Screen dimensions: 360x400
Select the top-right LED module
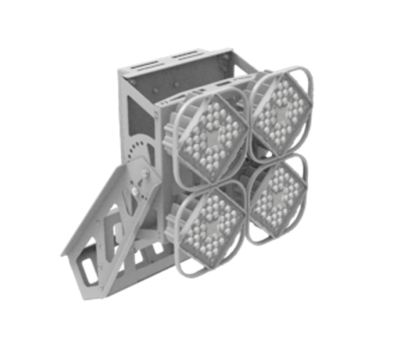(278, 112)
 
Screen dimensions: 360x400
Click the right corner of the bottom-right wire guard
(309, 192)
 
